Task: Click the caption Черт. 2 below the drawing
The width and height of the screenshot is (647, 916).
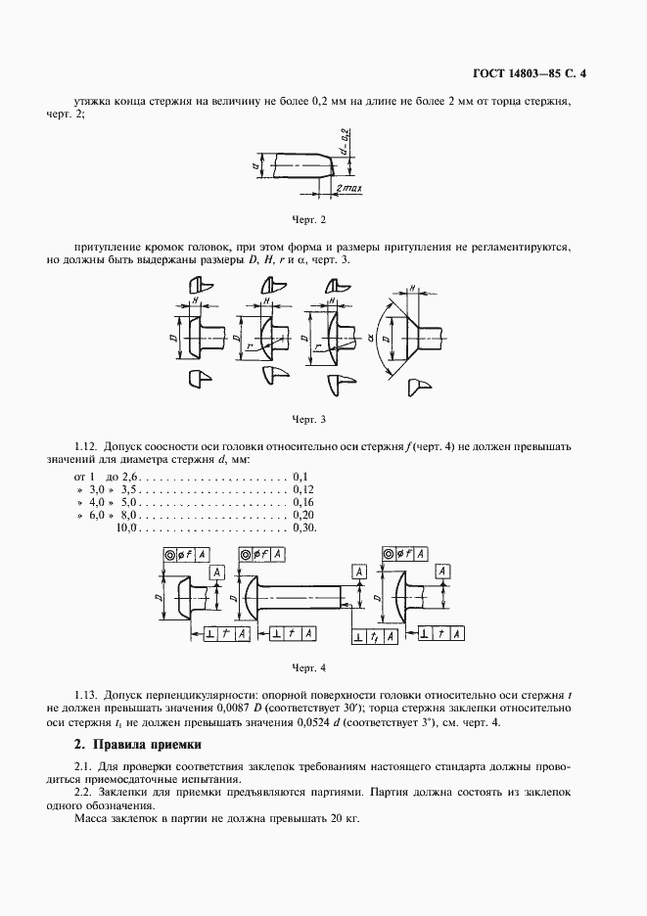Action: click(308, 219)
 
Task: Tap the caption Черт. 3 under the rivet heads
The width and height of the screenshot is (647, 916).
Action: click(308, 419)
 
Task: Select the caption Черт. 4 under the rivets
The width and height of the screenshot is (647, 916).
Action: click(308, 667)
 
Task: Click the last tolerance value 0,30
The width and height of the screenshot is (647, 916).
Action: click(303, 527)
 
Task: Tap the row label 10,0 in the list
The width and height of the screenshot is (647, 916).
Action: click(128, 527)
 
